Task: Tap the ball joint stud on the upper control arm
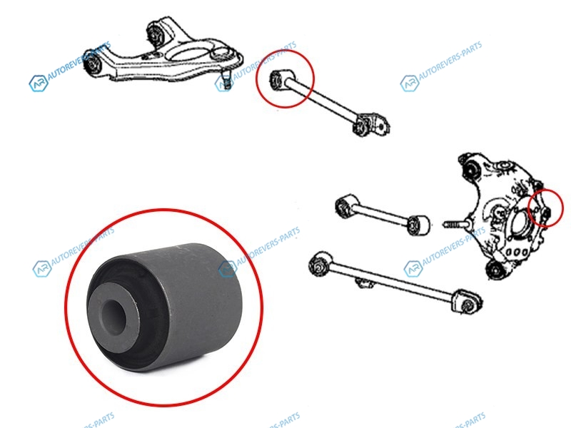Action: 226,81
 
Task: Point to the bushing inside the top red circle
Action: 277,78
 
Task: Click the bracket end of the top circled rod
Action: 371,124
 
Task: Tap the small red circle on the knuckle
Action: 546,208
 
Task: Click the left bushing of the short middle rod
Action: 345,206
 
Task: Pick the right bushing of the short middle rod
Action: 418,225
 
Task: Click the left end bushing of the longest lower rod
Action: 319,265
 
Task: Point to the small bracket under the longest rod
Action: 363,282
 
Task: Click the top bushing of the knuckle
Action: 472,168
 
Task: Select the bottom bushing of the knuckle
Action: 495,270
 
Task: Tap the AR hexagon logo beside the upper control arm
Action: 39,83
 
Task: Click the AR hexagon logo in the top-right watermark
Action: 409,83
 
